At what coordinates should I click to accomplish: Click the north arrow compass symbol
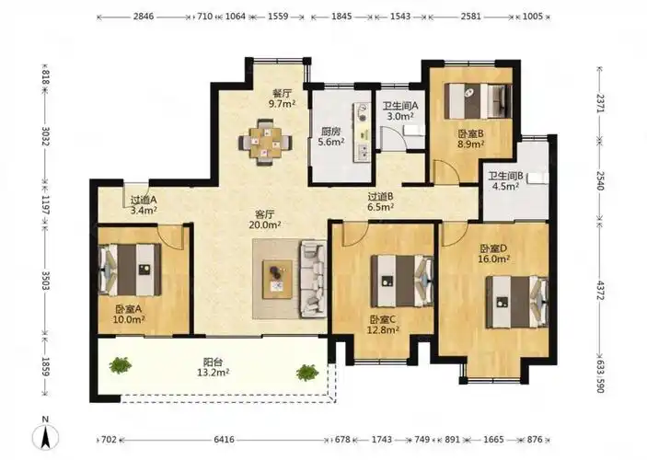45,437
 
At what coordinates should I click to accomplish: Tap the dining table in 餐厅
266,143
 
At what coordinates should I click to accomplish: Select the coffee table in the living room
278,279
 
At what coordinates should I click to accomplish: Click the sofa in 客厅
314,280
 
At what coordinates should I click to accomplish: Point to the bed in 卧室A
130,270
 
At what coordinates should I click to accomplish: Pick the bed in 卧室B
479,101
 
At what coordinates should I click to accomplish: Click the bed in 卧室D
517,303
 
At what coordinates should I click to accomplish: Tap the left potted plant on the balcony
121,365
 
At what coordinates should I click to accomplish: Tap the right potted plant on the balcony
307,373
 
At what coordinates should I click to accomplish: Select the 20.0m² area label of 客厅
265,224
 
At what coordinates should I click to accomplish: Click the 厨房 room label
331,132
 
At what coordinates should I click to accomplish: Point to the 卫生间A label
400,106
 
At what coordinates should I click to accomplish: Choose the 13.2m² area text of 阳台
214,373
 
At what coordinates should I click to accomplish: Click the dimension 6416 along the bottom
224,440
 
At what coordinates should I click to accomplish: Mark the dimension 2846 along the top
144,17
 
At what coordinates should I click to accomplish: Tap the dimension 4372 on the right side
600,292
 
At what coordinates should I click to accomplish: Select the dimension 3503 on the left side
45,281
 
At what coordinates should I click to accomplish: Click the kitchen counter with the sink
362,132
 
